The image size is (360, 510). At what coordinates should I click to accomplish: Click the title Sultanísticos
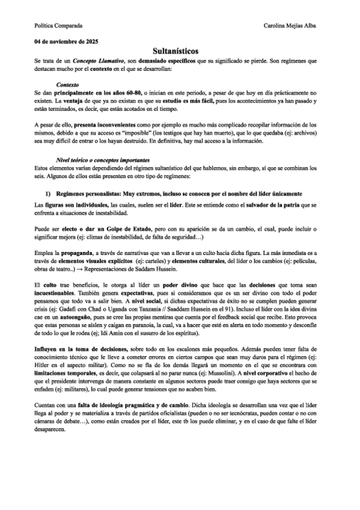click(x=180, y=52)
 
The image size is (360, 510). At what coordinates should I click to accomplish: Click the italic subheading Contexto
click(x=67, y=85)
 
